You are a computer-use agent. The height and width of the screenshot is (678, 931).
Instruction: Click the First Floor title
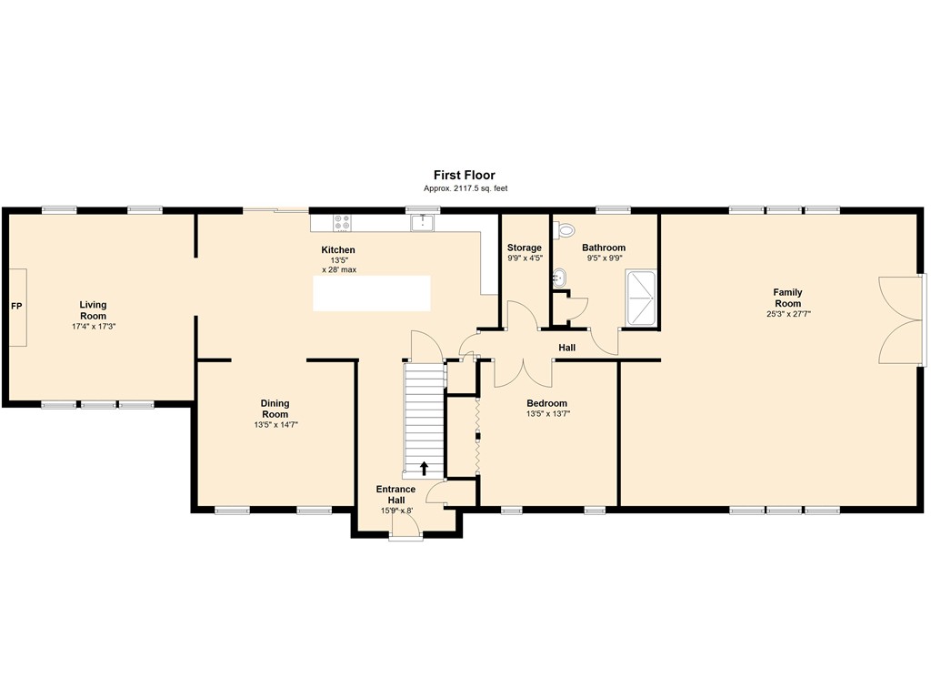464,175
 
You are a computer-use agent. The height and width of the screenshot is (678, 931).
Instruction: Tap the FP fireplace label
16,306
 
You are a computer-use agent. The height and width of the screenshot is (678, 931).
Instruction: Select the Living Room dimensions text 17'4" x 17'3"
94,326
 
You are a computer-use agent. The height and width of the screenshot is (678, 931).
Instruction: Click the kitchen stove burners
342,223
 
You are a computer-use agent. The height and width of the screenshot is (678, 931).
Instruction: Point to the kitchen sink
423,223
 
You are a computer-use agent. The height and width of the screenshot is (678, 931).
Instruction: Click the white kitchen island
372,293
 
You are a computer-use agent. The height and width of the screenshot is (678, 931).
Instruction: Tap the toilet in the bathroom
564,228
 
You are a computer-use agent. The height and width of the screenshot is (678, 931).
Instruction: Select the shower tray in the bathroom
641,298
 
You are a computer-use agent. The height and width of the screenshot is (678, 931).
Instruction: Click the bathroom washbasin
559,277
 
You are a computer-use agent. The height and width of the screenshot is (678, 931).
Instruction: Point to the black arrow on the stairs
424,469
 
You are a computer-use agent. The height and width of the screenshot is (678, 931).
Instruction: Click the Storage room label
525,248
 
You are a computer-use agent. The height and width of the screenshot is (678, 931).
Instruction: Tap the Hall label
567,348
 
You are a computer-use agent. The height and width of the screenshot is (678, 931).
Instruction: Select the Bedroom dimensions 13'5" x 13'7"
547,414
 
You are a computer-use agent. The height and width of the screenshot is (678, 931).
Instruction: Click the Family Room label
788,298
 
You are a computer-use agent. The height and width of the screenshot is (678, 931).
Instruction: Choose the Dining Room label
275,409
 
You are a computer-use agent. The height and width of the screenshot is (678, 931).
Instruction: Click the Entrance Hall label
396,494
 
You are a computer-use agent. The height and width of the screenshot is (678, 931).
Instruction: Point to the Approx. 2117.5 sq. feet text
465,188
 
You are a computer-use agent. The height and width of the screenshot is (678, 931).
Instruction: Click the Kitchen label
338,249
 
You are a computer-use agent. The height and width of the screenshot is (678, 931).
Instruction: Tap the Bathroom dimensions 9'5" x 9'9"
604,258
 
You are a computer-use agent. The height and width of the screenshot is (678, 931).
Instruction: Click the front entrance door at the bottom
406,527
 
